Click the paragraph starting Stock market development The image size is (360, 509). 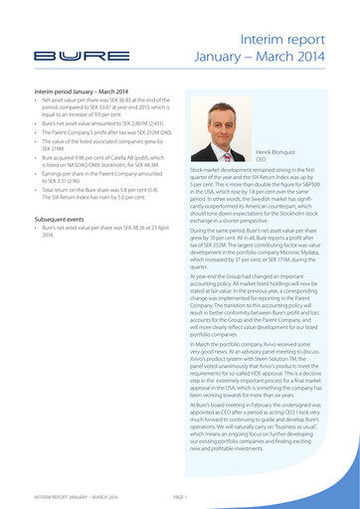pos(268,195)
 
